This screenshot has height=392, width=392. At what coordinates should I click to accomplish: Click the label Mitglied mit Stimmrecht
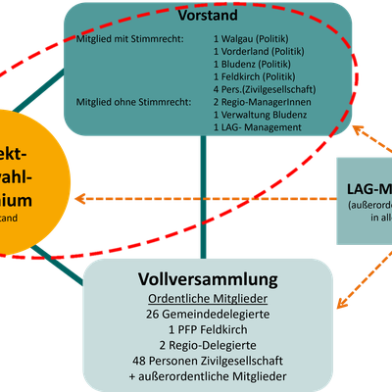122,39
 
